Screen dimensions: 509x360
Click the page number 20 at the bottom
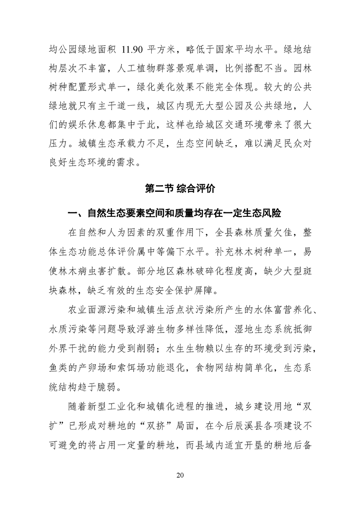180,475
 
